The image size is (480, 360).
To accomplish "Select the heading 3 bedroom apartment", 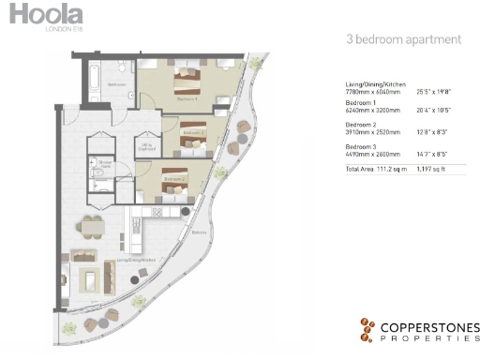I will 403,40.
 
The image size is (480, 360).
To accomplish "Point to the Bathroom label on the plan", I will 116,84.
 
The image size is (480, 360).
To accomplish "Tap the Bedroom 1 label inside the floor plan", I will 187,97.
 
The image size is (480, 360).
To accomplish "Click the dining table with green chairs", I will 91,227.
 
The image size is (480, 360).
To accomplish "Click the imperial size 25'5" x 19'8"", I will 440,92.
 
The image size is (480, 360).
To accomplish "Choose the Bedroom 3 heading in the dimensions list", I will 361,148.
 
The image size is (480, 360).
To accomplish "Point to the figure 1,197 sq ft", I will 442,170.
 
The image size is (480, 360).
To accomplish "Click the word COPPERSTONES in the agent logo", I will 429,324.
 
